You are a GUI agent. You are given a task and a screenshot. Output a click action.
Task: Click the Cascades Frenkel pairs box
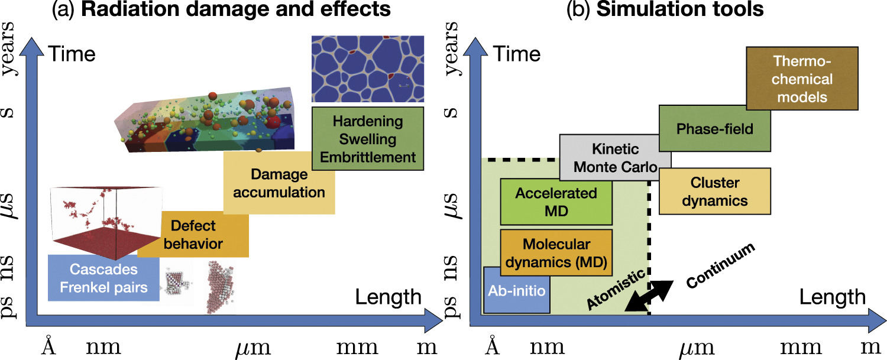coord(103,278)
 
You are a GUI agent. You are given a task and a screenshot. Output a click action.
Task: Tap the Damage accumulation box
coord(279,183)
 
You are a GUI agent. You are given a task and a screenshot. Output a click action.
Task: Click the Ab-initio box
coord(517,290)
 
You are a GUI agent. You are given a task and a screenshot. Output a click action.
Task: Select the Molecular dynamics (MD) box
coord(556,253)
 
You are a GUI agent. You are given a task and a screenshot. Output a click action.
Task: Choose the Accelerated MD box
coord(556,202)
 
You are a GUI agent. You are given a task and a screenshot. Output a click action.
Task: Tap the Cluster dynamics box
coord(714,192)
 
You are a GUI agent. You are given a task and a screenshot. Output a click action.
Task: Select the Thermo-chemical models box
coord(801,79)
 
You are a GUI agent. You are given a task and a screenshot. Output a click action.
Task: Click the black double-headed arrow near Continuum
coord(649,296)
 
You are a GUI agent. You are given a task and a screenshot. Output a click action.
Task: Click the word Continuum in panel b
coord(721,266)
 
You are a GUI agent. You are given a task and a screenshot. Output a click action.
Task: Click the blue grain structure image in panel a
coord(367,69)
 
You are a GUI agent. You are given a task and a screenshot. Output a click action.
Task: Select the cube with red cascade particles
coord(106,222)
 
